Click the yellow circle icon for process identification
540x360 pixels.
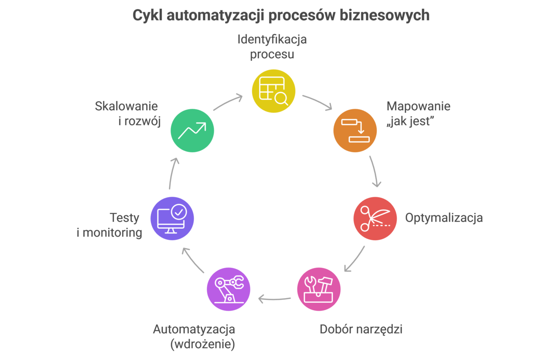(274, 91)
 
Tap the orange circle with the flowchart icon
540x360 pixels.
(354, 130)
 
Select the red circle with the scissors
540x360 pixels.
(375, 218)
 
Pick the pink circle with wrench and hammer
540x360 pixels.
(319, 289)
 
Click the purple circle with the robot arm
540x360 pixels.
(228, 289)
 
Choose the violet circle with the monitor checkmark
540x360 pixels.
(172, 218)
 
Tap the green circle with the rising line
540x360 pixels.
(192, 130)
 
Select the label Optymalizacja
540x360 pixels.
(444, 218)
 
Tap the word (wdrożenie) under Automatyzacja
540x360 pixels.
(203, 344)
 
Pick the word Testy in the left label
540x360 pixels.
(125, 217)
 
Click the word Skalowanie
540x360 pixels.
(127, 107)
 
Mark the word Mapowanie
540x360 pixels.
(418, 106)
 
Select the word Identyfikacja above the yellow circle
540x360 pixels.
(272, 39)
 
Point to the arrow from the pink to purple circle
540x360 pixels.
(274, 299)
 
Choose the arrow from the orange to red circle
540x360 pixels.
(375, 171)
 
